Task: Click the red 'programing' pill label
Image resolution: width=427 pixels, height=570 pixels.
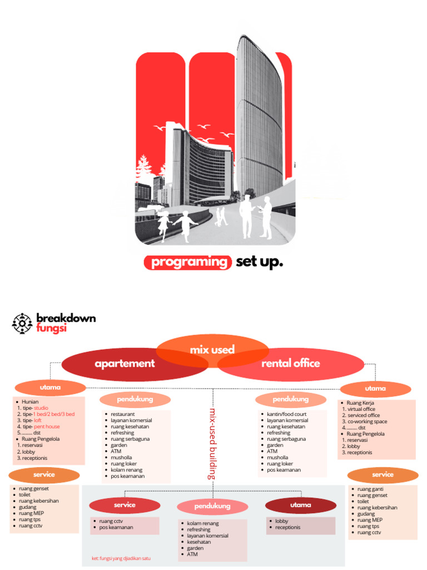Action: tap(188, 263)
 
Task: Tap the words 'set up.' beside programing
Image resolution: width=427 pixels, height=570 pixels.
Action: tap(259, 262)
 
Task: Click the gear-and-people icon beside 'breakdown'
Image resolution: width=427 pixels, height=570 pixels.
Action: tap(22, 323)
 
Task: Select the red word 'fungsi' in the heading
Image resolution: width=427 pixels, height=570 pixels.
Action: tap(51, 328)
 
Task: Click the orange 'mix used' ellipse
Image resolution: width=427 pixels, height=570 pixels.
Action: tap(212, 350)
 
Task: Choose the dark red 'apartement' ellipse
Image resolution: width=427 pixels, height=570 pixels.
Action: tap(125, 364)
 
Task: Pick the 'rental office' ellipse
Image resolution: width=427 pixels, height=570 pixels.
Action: tap(291, 363)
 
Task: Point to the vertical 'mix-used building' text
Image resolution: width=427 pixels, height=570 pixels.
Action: tap(212, 444)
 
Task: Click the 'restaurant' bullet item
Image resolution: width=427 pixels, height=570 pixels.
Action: tap(122, 414)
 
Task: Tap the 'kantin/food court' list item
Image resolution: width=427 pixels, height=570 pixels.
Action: tap(286, 414)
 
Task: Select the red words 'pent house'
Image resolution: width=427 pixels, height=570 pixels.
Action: tap(47, 426)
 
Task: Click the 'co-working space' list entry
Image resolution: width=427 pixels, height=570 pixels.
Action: tap(367, 421)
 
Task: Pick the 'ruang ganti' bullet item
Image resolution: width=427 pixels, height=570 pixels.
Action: tap(370, 489)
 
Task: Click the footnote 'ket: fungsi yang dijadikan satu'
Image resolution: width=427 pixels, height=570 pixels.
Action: tap(121, 558)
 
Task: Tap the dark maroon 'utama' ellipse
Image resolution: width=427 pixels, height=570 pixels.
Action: tap(301, 505)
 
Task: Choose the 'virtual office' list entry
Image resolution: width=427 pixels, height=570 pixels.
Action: tap(361, 409)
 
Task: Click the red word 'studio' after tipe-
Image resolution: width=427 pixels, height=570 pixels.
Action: tap(41, 408)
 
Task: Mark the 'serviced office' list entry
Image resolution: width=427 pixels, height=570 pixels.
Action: tap(364, 415)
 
